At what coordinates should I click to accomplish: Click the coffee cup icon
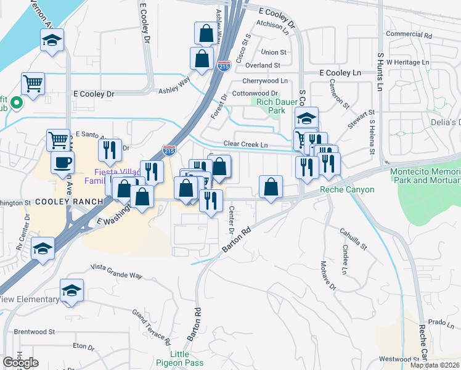click(x=62, y=163)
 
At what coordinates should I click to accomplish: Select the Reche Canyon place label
click(x=346, y=189)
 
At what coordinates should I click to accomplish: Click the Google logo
click(x=21, y=363)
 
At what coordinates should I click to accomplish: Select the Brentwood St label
click(x=35, y=331)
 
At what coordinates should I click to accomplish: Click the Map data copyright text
click(x=435, y=365)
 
